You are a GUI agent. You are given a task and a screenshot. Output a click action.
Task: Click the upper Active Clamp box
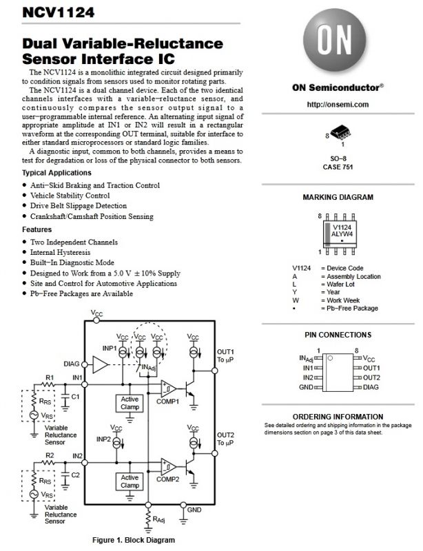coord(130,403)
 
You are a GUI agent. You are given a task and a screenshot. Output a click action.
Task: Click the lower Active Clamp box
coord(130,481)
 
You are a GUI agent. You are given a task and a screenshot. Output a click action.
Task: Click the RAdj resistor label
coord(158,519)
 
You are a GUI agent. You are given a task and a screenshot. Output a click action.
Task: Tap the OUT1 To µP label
coord(226,357)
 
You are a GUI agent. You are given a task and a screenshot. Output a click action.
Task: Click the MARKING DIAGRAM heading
coord(338,197)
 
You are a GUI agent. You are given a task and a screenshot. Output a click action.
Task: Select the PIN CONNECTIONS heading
coord(338,335)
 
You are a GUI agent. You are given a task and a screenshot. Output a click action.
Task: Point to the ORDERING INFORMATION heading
coord(338,417)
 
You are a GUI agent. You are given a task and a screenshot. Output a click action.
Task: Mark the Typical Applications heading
coord(56,172)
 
